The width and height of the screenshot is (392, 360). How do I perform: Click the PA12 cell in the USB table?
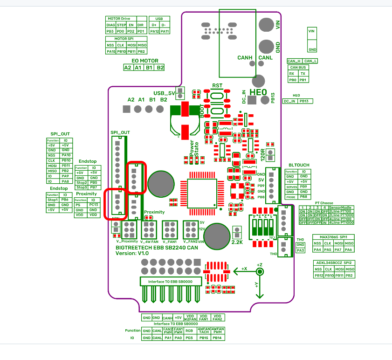pyautogui.click(x=155, y=31)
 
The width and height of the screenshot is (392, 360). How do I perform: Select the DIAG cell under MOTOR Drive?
pyautogui.click(x=110, y=25)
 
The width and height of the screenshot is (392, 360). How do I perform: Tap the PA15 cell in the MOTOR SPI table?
pyautogui.click(x=111, y=51)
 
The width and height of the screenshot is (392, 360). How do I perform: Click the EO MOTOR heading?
pyautogui.click(x=144, y=61)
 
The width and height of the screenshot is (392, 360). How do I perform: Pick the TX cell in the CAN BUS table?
pyautogui.click(x=303, y=74)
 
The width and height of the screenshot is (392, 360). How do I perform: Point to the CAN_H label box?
pyautogui.click(x=294, y=61)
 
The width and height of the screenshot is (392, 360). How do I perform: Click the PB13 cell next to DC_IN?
pyautogui.click(x=305, y=101)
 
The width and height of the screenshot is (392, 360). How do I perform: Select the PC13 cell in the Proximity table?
pyautogui.click(x=94, y=205)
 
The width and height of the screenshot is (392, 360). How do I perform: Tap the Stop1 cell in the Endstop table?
pyautogui.click(x=52, y=200)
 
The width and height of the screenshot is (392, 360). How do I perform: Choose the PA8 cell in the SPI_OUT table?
pyautogui.click(x=66, y=181)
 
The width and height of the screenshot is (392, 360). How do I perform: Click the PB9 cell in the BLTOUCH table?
pyautogui.click(x=303, y=187)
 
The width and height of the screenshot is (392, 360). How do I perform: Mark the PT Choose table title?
pyautogui.click(x=324, y=203)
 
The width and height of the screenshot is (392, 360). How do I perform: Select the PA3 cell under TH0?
pyautogui.click(x=301, y=250)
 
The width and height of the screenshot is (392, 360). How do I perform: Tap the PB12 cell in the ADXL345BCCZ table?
pyautogui.click(x=318, y=276)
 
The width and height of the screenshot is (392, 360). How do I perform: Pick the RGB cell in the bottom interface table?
pyautogui.click(x=189, y=330)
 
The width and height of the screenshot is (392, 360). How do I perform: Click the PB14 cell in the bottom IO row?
pyautogui.click(x=217, y=338)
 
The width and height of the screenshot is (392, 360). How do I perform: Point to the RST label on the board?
pyautogui.click(x=217, y=86)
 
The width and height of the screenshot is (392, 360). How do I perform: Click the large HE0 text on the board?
pyautogui.click(x=258, y=92)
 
